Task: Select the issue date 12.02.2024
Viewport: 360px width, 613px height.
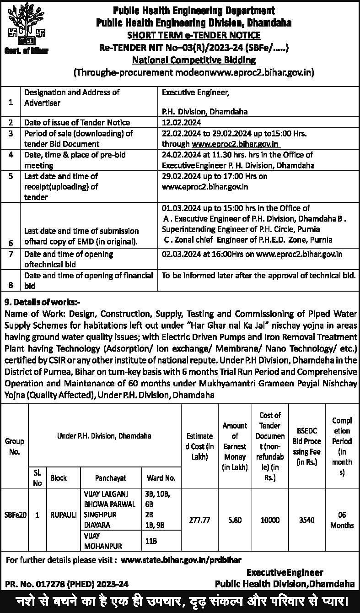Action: point(182,123)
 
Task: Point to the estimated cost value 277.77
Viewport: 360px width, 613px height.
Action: point(199,520)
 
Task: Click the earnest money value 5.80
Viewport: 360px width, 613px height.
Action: point(234,520)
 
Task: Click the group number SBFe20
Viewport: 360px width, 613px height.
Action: point(15,515)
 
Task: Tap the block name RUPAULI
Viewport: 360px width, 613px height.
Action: point(63,515)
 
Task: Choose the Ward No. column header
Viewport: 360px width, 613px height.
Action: point(161,478)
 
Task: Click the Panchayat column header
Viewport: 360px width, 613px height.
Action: point(111,478)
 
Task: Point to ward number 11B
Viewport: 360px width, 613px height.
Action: point(151,541)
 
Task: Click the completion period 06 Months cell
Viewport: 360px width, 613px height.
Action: point(342,520)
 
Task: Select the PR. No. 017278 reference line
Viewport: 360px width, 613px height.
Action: point(67,584)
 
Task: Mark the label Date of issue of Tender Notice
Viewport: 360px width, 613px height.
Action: point(77,123)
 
